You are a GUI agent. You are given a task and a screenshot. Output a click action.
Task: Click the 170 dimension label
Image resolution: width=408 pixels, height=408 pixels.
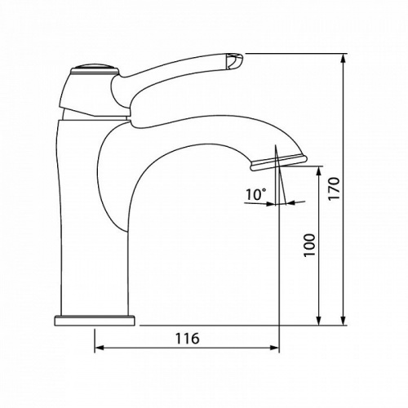click(x=334, y=188)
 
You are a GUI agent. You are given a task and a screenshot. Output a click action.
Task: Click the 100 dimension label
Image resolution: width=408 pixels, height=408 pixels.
click(x=309, y=245)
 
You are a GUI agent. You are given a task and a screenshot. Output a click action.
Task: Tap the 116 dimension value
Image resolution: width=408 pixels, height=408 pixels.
click(x=187, y=339)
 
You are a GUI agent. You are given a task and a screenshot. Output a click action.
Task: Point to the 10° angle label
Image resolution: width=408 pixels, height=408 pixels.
click(x=256, y=194)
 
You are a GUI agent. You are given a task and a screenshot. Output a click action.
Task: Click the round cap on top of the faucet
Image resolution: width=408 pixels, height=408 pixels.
click(x=95, y=69)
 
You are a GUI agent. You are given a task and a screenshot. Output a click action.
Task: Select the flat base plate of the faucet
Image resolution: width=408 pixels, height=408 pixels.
click(x=95, y=320)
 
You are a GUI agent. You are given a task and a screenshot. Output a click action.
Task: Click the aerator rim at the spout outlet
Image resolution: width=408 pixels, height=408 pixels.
click(x=278, y=162)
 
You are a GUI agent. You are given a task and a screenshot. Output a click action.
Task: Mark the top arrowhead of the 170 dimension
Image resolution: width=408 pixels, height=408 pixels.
click(x=344, y=58)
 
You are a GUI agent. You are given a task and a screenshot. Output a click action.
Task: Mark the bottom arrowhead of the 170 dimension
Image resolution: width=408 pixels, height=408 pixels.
click(x=344, y=321)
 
